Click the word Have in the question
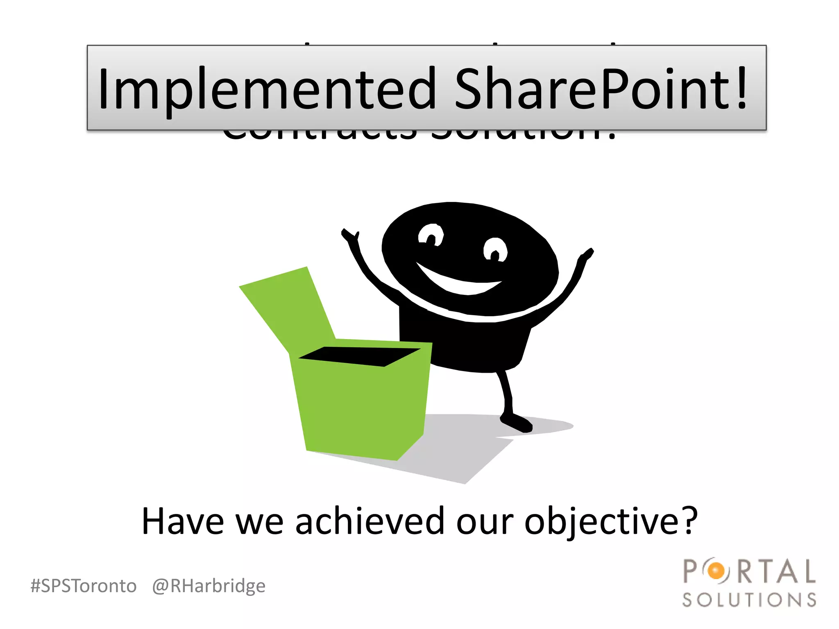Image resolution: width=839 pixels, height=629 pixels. pyautogui.click(x=183, y=521)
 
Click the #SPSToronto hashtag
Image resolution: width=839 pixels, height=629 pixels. pyautogui.click(x=84, y=586)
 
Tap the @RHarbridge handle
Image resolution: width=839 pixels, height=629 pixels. pyautogui.click(x=209, y=586)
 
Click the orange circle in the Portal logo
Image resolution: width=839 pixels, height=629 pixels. pyautogui.click(x=717, y=570)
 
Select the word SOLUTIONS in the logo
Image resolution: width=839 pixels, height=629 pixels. pyautogui.click(x=749, y=600)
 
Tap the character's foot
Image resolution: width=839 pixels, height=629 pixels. pyautogui.click(x=517, y=423)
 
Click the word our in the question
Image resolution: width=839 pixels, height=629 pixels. pyautogui.click(x=485, y=521)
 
